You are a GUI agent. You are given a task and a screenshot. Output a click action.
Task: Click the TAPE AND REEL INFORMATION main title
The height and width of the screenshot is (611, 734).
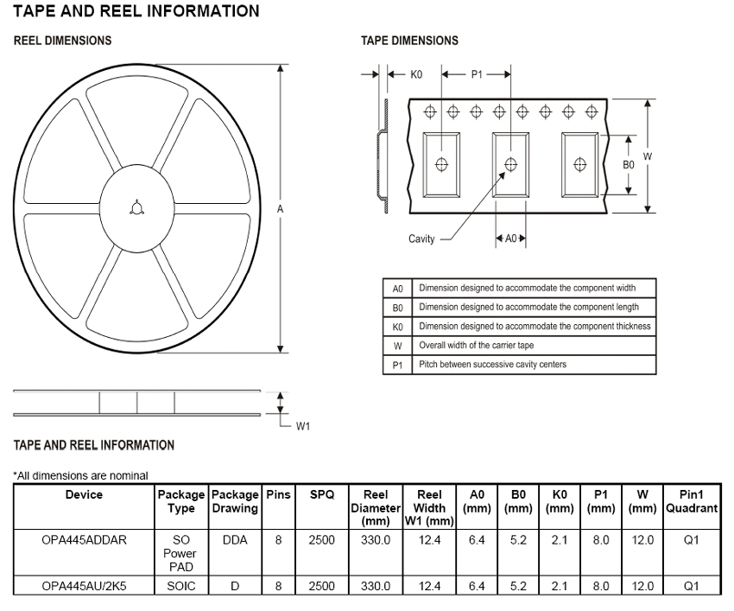point(136,11)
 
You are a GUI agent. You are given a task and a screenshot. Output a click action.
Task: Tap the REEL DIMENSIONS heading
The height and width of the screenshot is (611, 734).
point(62,41)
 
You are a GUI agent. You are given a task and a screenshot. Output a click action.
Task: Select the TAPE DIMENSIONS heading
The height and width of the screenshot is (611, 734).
point(409,41)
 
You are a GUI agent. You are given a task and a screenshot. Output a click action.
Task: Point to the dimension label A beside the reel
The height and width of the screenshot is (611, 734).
point(281,208)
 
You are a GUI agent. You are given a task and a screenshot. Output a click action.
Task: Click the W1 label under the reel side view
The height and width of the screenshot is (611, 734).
point(303,426)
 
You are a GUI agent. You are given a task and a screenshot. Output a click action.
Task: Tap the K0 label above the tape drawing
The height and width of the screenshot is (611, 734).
point(416,74)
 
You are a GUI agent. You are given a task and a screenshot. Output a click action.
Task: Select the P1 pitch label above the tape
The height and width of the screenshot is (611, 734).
point(477,74)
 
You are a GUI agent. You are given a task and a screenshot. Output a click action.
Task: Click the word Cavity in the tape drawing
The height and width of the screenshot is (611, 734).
point(421,239)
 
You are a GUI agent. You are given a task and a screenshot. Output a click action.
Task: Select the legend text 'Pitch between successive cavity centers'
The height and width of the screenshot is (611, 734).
point(492,364)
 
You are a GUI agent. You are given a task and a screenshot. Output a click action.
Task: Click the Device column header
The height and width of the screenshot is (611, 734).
point(84,495)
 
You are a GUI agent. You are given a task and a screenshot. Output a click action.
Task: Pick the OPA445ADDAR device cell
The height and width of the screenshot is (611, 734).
point(84,539)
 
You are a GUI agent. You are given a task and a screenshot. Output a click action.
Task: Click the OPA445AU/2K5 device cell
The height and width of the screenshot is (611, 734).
point(84,585)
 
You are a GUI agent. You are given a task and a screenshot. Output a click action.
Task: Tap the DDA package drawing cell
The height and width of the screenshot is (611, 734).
point(236,539)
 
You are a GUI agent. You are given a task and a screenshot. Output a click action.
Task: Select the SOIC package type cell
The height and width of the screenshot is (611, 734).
point(181,585)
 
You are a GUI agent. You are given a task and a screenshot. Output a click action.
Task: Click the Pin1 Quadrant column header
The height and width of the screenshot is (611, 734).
point(692,502)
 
